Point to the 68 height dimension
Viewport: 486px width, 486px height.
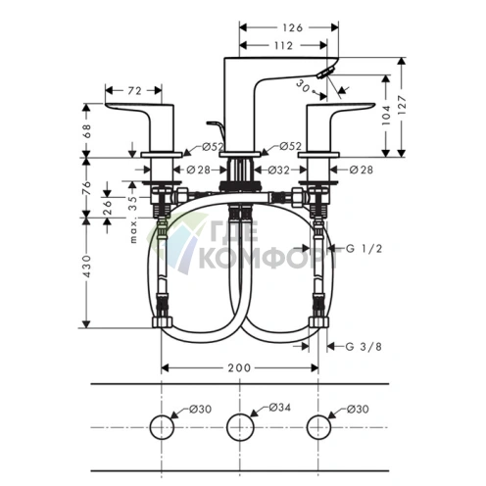(x=89, y=129)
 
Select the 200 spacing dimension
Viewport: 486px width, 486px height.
(x=239, y=367)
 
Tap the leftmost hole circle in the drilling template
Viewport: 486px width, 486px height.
(x=160, y=425)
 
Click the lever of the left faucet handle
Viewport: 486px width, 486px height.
(x=135, y=107)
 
